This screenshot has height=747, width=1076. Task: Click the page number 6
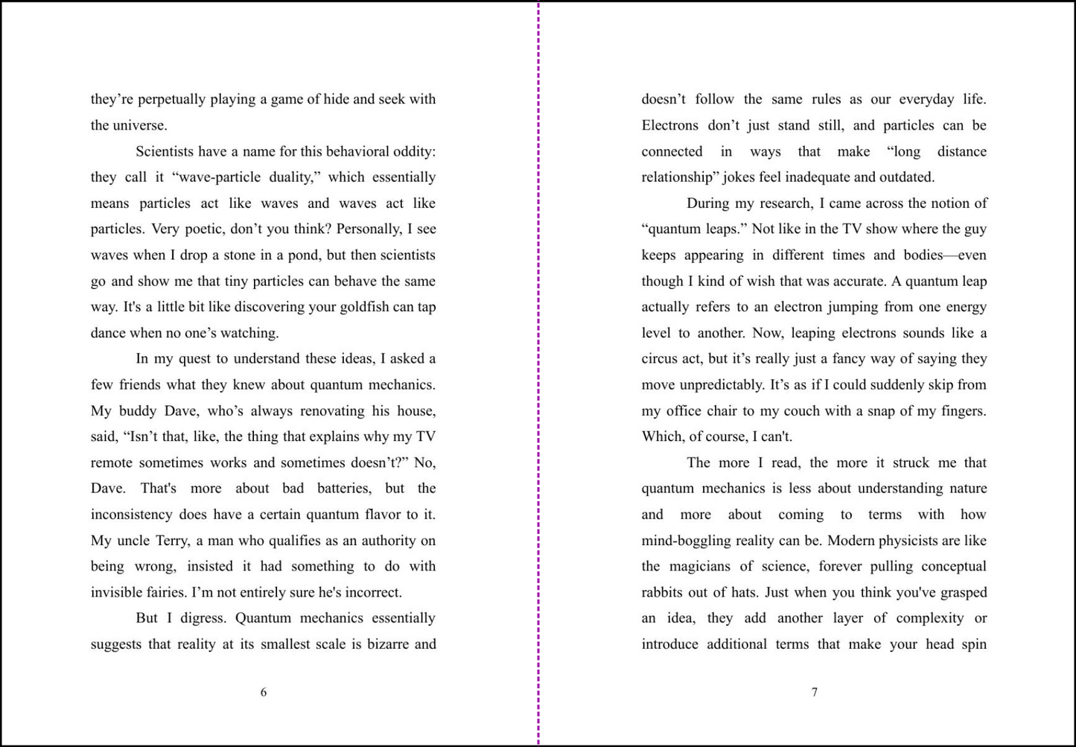(x=264, y=693)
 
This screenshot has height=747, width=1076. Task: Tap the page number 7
(x=815, y=693)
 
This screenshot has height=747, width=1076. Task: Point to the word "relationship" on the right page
(x=676, y=177)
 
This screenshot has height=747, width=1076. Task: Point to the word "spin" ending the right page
(x=973, y=644)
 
